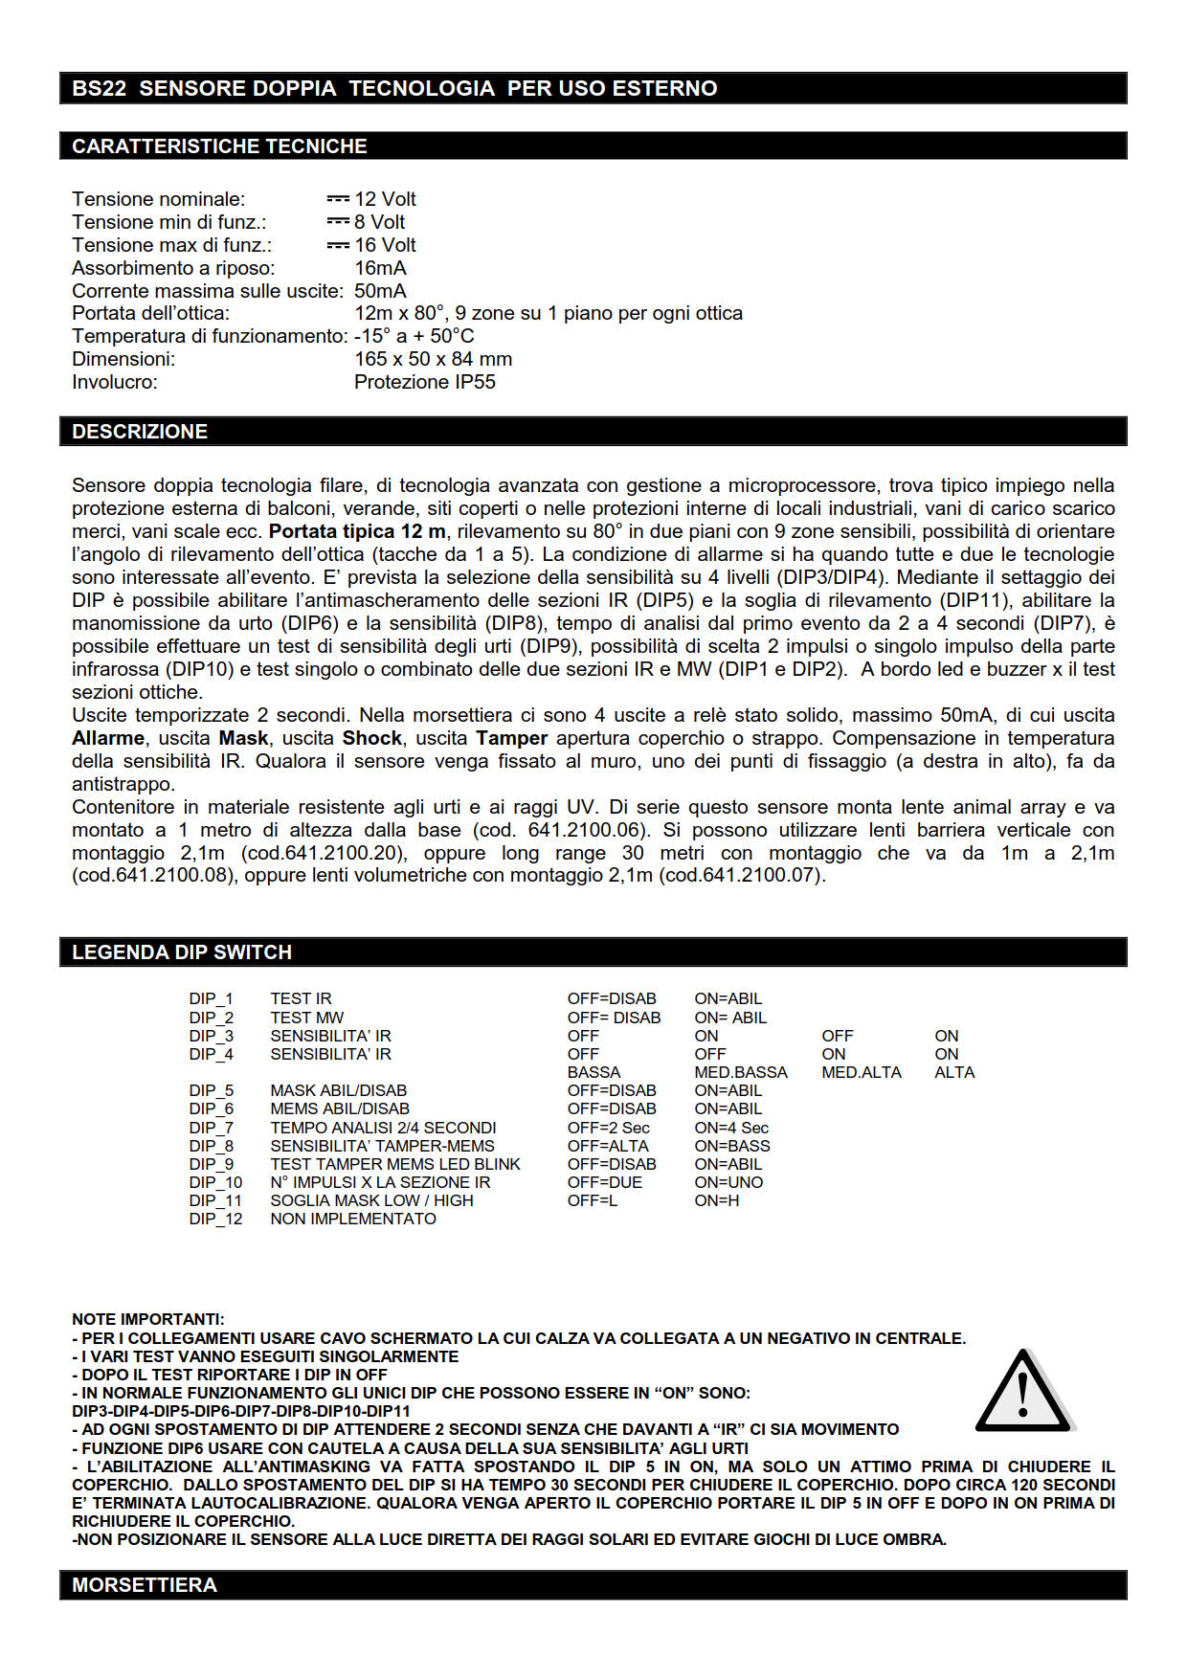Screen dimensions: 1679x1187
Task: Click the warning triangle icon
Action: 1023,1393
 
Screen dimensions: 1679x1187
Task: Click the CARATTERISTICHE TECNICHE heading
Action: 219,146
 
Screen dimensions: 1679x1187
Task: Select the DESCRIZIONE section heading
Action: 140,432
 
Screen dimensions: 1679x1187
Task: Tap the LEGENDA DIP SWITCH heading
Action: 182,952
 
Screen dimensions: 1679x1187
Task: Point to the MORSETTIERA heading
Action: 145,1585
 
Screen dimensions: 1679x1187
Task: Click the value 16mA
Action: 380,268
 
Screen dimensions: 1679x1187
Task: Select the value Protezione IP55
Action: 424,382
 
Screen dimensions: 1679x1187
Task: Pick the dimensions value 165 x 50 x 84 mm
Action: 433,359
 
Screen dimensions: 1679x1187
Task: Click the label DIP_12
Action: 215,1219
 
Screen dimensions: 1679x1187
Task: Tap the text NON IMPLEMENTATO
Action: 352,1219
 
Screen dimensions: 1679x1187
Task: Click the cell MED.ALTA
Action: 861,1072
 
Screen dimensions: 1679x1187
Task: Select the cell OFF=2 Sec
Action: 608,1128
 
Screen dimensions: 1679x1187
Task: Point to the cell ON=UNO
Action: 728,1182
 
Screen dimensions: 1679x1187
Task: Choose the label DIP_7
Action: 211,1128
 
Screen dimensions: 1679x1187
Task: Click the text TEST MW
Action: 306,1018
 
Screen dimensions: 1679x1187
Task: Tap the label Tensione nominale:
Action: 158,199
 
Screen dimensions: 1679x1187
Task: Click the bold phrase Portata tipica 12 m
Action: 357,531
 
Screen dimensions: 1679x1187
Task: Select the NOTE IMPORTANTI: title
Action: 147,1319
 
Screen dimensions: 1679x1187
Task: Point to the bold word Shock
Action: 372,738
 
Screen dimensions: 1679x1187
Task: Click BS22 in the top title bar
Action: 99,88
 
